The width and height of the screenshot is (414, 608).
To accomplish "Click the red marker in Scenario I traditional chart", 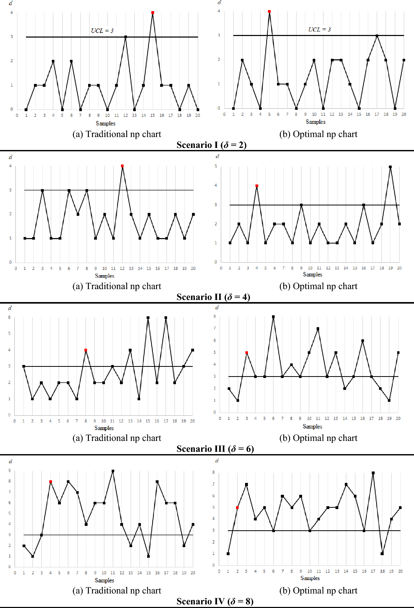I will click(153, 12).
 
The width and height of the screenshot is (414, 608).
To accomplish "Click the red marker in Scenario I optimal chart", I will click(269, 11).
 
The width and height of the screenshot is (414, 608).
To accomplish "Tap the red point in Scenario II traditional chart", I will click(122, 166).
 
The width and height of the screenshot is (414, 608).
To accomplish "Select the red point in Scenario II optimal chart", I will click(257, 186).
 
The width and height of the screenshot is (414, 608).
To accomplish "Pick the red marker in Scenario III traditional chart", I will click(85, 350).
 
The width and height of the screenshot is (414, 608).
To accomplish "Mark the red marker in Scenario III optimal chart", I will click(247, 353).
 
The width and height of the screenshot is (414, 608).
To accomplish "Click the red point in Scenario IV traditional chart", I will click(51, 481).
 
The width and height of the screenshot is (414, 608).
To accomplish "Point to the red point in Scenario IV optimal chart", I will click(237, 507).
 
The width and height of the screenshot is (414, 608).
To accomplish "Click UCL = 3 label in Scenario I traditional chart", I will click(102, 31).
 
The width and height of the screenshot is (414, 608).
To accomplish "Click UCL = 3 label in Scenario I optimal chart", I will click(319, 30).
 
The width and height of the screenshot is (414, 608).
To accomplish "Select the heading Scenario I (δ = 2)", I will click(211, 145).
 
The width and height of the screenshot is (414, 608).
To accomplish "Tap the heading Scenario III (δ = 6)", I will click(215, 449).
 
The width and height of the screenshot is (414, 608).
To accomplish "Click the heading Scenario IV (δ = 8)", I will click(215, 601).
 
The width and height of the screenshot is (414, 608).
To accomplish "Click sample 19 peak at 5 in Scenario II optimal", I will click(390, 167).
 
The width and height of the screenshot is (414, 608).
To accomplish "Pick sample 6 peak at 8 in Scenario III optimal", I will click(273, 317).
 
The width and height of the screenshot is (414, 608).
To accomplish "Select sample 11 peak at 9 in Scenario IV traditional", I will click(113, 471).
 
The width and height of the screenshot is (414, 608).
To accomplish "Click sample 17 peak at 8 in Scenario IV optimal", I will click(373, 473).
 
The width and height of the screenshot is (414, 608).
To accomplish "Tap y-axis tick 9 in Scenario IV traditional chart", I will click(10, 470).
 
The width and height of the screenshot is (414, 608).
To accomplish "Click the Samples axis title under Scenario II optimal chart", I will click(312, 274).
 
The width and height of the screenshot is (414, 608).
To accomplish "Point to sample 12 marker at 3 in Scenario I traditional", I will click(126, 37).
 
